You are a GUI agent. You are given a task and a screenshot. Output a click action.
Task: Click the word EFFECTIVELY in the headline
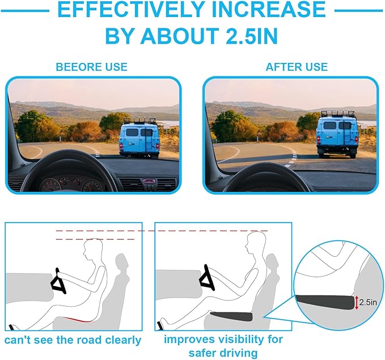(x=132, y=9)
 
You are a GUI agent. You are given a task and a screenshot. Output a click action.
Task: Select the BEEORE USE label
(x=92, y=67)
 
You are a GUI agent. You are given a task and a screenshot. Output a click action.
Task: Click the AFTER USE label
(x=297, y=67)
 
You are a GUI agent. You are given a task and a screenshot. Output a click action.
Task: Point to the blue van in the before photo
(x=139, y=139)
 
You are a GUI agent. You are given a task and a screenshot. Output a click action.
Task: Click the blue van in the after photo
(x=337, y=135)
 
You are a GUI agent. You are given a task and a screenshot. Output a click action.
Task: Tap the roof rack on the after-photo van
(x=337, y=114)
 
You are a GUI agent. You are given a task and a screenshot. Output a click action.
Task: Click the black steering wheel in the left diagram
(x=58, y=281)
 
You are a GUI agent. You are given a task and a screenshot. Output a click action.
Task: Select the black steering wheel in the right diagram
(x=208, y=277)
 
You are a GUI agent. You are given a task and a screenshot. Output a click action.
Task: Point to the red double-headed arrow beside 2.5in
(x=357, y=303)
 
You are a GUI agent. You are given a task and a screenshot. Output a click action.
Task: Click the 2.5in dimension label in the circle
(x=368, y=302)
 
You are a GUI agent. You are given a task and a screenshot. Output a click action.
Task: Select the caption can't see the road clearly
(x=73, y=340)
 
